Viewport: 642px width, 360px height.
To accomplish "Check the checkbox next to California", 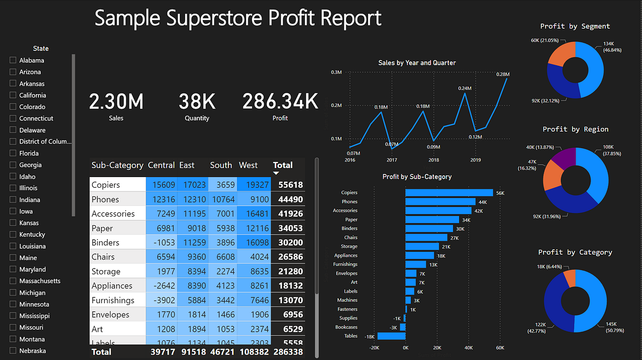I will click(x=13, y=95).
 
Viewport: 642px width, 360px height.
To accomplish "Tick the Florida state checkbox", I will click(x=13, y=154).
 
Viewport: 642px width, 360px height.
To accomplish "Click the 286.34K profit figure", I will click(x=280, y=101).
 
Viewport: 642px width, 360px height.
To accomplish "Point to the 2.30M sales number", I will click(x=116, y=101).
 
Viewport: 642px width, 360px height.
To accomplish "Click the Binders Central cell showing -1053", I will click(x=164, y=243).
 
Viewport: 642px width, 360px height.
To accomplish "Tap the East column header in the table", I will click(x=187, y=165).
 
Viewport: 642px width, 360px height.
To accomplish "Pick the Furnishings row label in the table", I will click(x=113, y=301).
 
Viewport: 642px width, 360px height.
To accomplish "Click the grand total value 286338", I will click(x=288, y=352).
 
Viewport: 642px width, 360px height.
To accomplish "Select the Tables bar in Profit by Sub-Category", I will click(x=391, y=336).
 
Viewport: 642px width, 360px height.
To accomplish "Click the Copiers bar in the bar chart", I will click(x=449, y=193).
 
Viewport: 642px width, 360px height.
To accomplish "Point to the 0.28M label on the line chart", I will click(x=503, y=74).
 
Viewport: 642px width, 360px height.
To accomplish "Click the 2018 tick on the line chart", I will click(x=433, y=160).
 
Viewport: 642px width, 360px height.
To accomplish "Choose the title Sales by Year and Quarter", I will click(x=417, y=63).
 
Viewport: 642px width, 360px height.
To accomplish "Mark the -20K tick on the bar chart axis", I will click(x=374, y=348).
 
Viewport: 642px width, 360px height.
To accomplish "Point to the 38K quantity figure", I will click(x=197, y=101).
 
